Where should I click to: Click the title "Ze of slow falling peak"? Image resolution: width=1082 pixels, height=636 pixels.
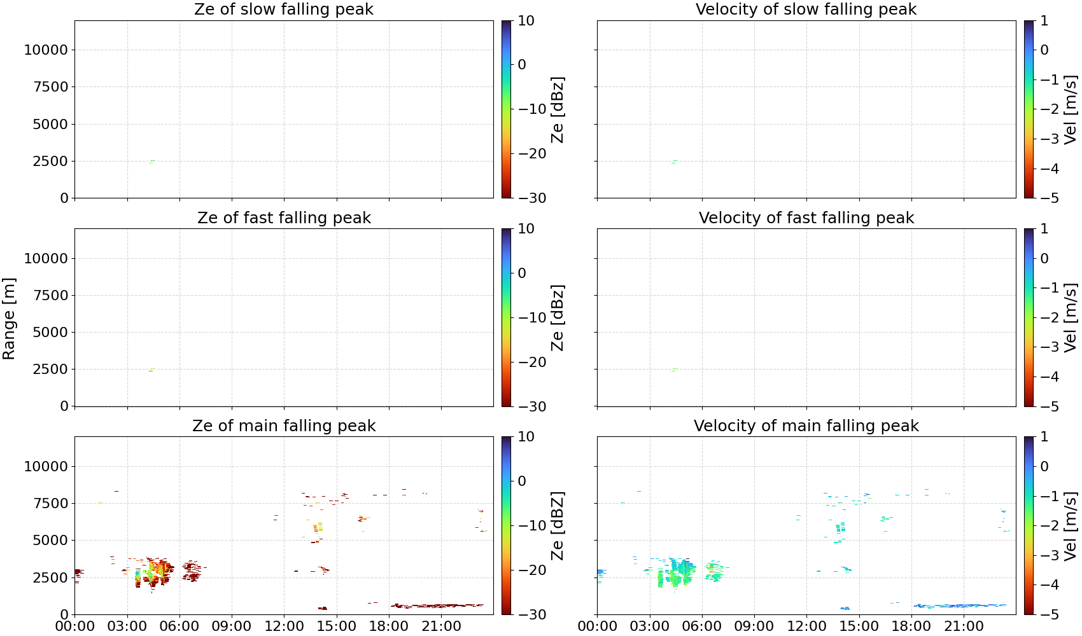[x=283, y=10]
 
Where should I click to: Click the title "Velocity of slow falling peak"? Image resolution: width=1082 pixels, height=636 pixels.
[x=806, y=10]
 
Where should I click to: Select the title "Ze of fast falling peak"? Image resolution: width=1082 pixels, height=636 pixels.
[x=283, y=218]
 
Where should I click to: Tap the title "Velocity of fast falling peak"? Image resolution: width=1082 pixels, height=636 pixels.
[x=806, y=218]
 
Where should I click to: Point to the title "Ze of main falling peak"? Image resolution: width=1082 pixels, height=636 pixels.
[x=283, y=425]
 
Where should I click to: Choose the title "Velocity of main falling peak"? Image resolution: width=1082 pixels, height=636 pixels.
[x=806, y=425]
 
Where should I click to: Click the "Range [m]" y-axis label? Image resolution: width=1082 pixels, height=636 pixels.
[x=9, y=319]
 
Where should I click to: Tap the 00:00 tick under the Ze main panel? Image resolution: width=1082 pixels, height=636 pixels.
[x=75, y=626]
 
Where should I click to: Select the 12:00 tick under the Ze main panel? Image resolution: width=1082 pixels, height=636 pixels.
[x=284, y=626]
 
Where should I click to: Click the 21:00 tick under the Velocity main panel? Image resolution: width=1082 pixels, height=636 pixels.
[x=964, y=626]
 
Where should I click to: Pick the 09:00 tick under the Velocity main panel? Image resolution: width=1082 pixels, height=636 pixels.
[x=754, y=626]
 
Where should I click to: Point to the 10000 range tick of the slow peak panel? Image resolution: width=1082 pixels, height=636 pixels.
[x=46, y=50]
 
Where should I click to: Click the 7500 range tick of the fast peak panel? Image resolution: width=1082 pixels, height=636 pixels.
[x=50, y=295]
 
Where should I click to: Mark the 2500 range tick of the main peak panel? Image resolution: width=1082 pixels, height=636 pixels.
[x=50, y=577]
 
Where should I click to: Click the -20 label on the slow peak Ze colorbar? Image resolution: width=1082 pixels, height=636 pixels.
[x=532, y=153]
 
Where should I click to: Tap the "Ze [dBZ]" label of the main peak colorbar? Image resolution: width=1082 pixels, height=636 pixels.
[x=558, y=525]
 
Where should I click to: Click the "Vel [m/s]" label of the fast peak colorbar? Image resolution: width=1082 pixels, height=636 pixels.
[x=1071, y=317]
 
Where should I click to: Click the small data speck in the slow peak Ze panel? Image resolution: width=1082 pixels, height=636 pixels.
[x=151, y=162]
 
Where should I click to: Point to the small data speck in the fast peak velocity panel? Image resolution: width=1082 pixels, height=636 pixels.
[x=675, y=370]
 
